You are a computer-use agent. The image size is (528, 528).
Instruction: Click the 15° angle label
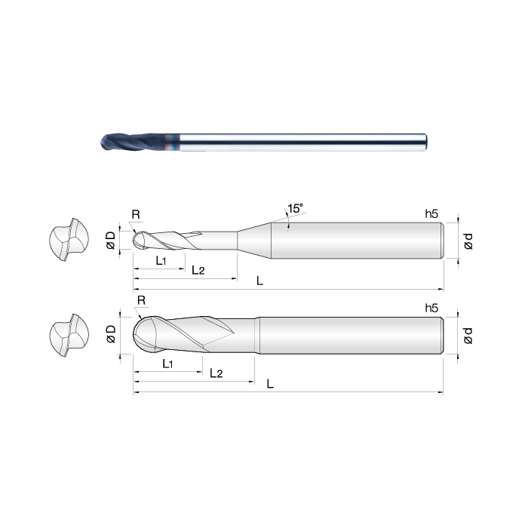[296, 208]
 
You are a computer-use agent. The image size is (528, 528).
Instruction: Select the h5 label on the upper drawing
[431, 213]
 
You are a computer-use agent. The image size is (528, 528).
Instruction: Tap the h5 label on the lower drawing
[431, 308]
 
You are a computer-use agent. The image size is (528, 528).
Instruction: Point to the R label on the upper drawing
[136, 214]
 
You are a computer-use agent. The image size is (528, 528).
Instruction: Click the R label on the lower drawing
[142, 300]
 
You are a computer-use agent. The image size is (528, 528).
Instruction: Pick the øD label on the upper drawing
[111, 241]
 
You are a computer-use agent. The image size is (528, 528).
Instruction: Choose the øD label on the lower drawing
[111, 334]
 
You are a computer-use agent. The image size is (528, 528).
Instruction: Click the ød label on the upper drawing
[468, 241]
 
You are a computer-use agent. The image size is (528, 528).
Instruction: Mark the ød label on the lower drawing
[468, 336]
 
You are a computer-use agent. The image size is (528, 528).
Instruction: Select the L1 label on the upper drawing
[161, 260]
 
